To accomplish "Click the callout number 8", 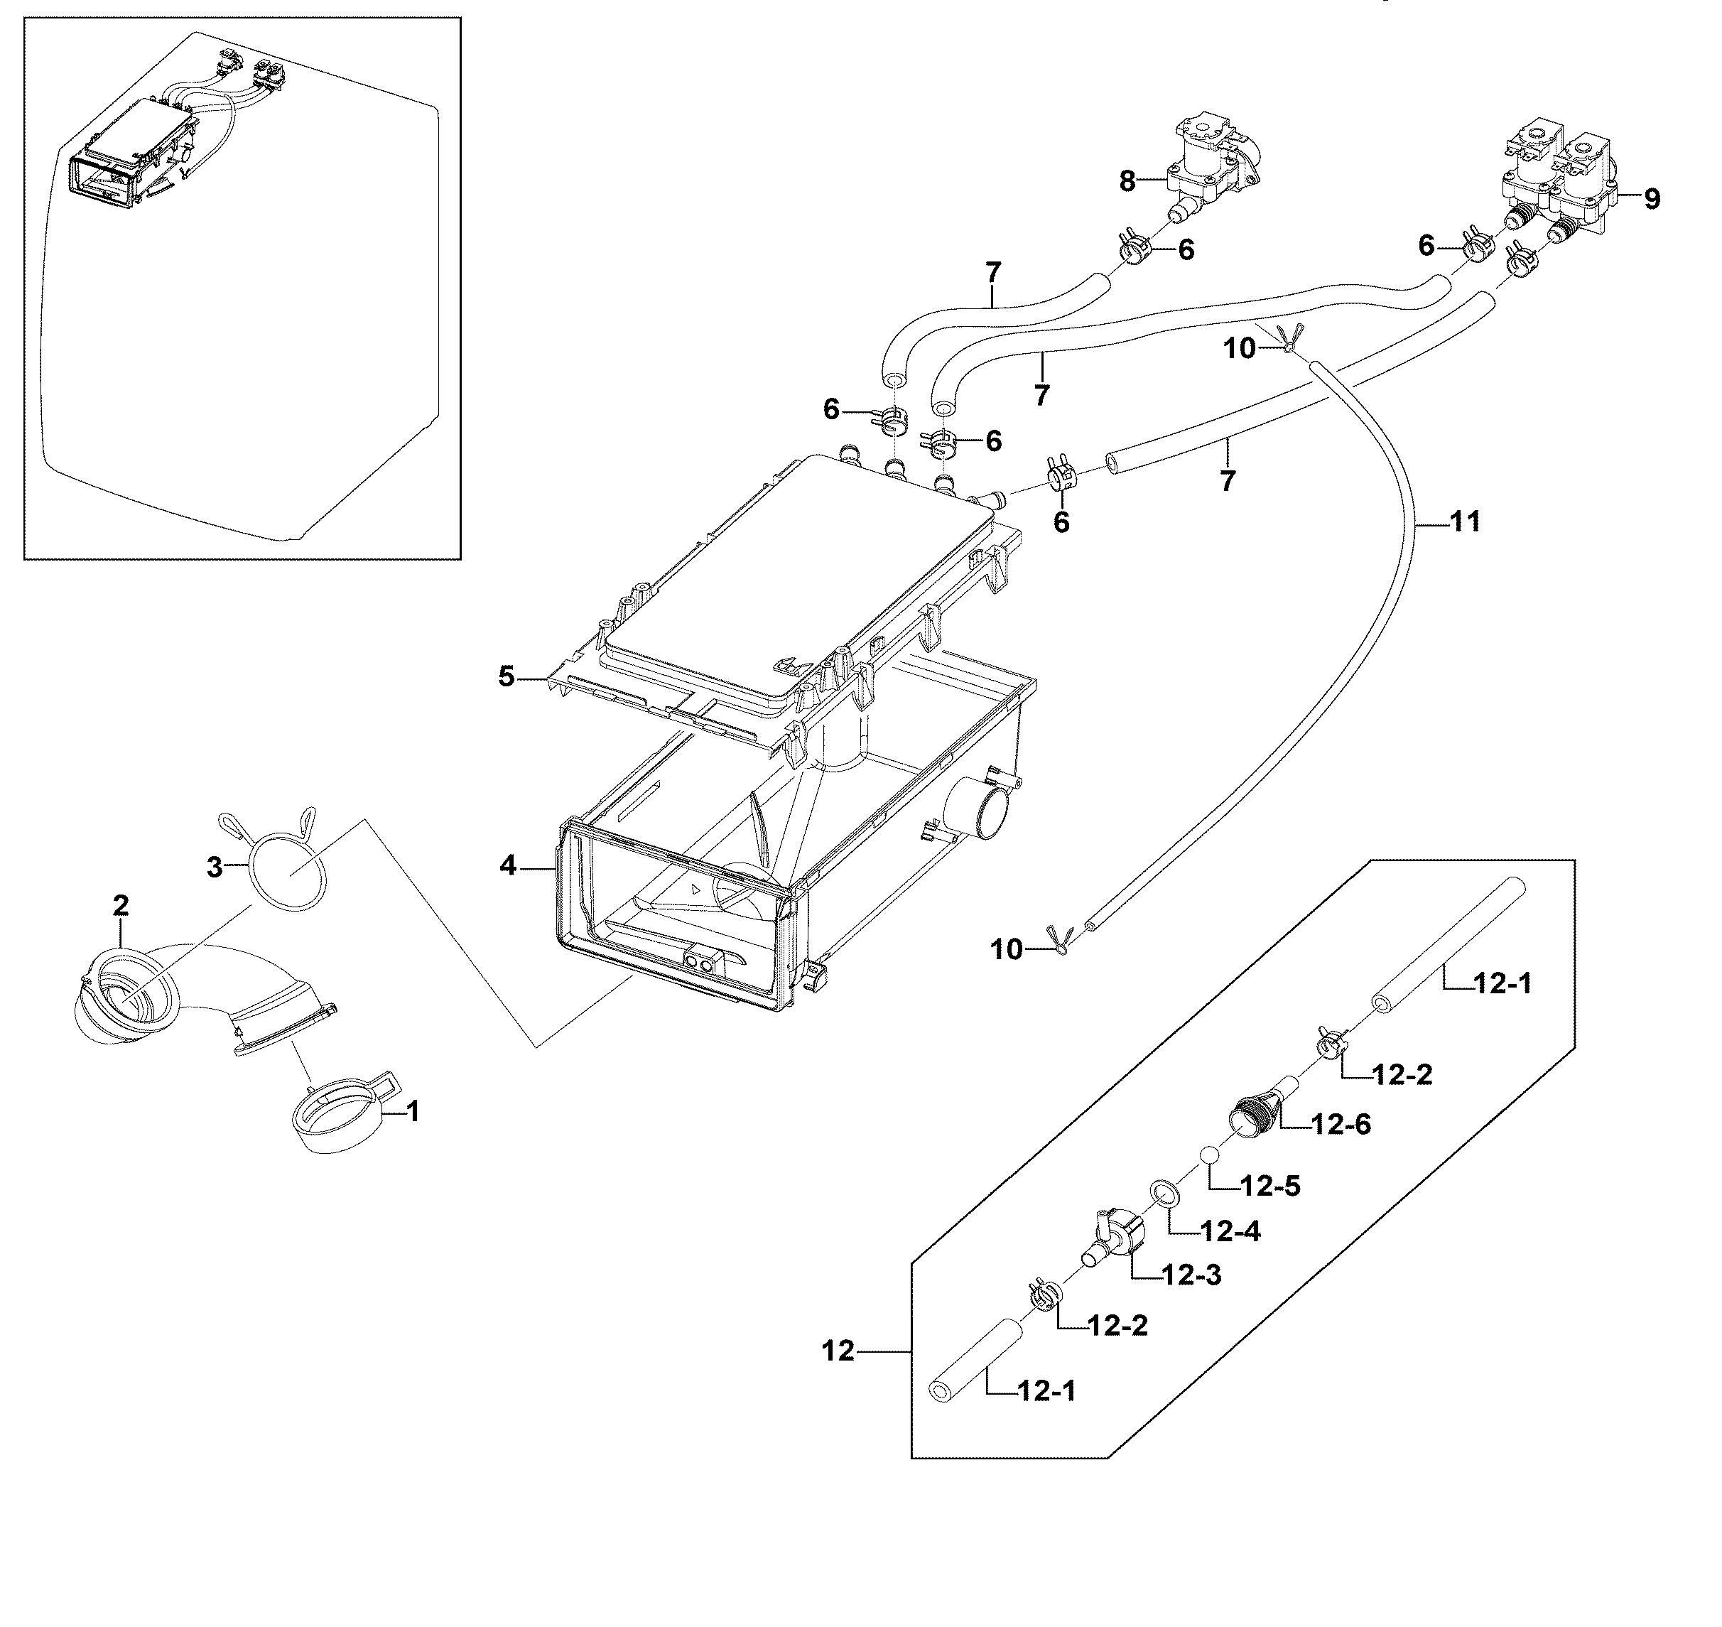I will (1126, 181).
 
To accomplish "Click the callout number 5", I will (507, 676).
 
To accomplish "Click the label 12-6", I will (1341, 1125).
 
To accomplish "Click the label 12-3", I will (1191, 1275).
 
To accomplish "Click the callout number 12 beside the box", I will (838, 1351).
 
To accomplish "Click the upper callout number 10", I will (1239, 349).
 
